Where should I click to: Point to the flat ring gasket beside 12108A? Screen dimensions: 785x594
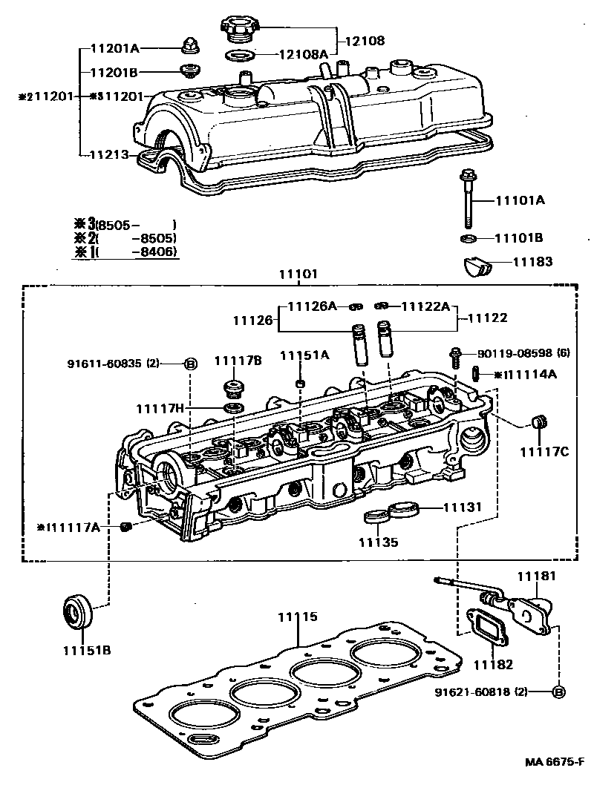241,56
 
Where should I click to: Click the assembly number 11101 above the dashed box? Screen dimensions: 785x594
298,274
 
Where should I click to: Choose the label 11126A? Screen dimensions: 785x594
312,306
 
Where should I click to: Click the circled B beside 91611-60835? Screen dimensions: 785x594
190,364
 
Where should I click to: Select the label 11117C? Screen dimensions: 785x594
544,452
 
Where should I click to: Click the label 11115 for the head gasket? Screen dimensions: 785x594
298,616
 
